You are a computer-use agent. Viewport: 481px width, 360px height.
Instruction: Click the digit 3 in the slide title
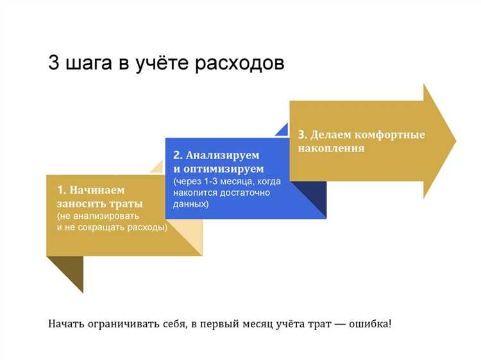click(x=54, y=64)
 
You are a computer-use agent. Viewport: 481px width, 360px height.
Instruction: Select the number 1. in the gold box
click(x=62, y=190)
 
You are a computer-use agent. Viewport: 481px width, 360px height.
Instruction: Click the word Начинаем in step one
click(x=97, y=190)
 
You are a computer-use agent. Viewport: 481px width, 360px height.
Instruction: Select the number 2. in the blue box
click(x=178, y=155)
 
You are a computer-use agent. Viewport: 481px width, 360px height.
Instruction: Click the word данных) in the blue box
click(x=190, y=204)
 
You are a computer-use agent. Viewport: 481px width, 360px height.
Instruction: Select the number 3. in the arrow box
click(x=303, y=135)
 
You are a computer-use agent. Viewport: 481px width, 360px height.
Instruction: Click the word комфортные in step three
click(x=391, y=135)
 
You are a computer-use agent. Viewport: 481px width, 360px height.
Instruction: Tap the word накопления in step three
click(x=331, y=148)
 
